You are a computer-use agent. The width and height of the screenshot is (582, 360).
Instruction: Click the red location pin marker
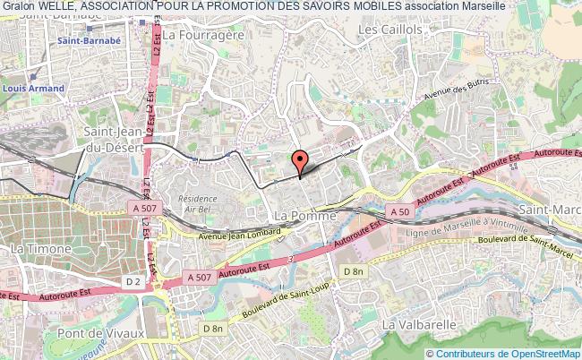point(300,161)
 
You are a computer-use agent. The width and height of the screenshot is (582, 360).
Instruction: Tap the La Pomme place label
point(304,217)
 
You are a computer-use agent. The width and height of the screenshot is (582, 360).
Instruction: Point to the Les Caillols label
point(389,30)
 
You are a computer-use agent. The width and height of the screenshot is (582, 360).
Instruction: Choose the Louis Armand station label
point(33,89)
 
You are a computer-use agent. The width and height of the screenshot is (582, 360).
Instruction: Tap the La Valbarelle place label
point(419,322)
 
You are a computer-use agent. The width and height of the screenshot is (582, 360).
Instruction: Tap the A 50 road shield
point(399,210)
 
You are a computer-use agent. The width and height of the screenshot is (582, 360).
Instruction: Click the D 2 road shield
point(133,283)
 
